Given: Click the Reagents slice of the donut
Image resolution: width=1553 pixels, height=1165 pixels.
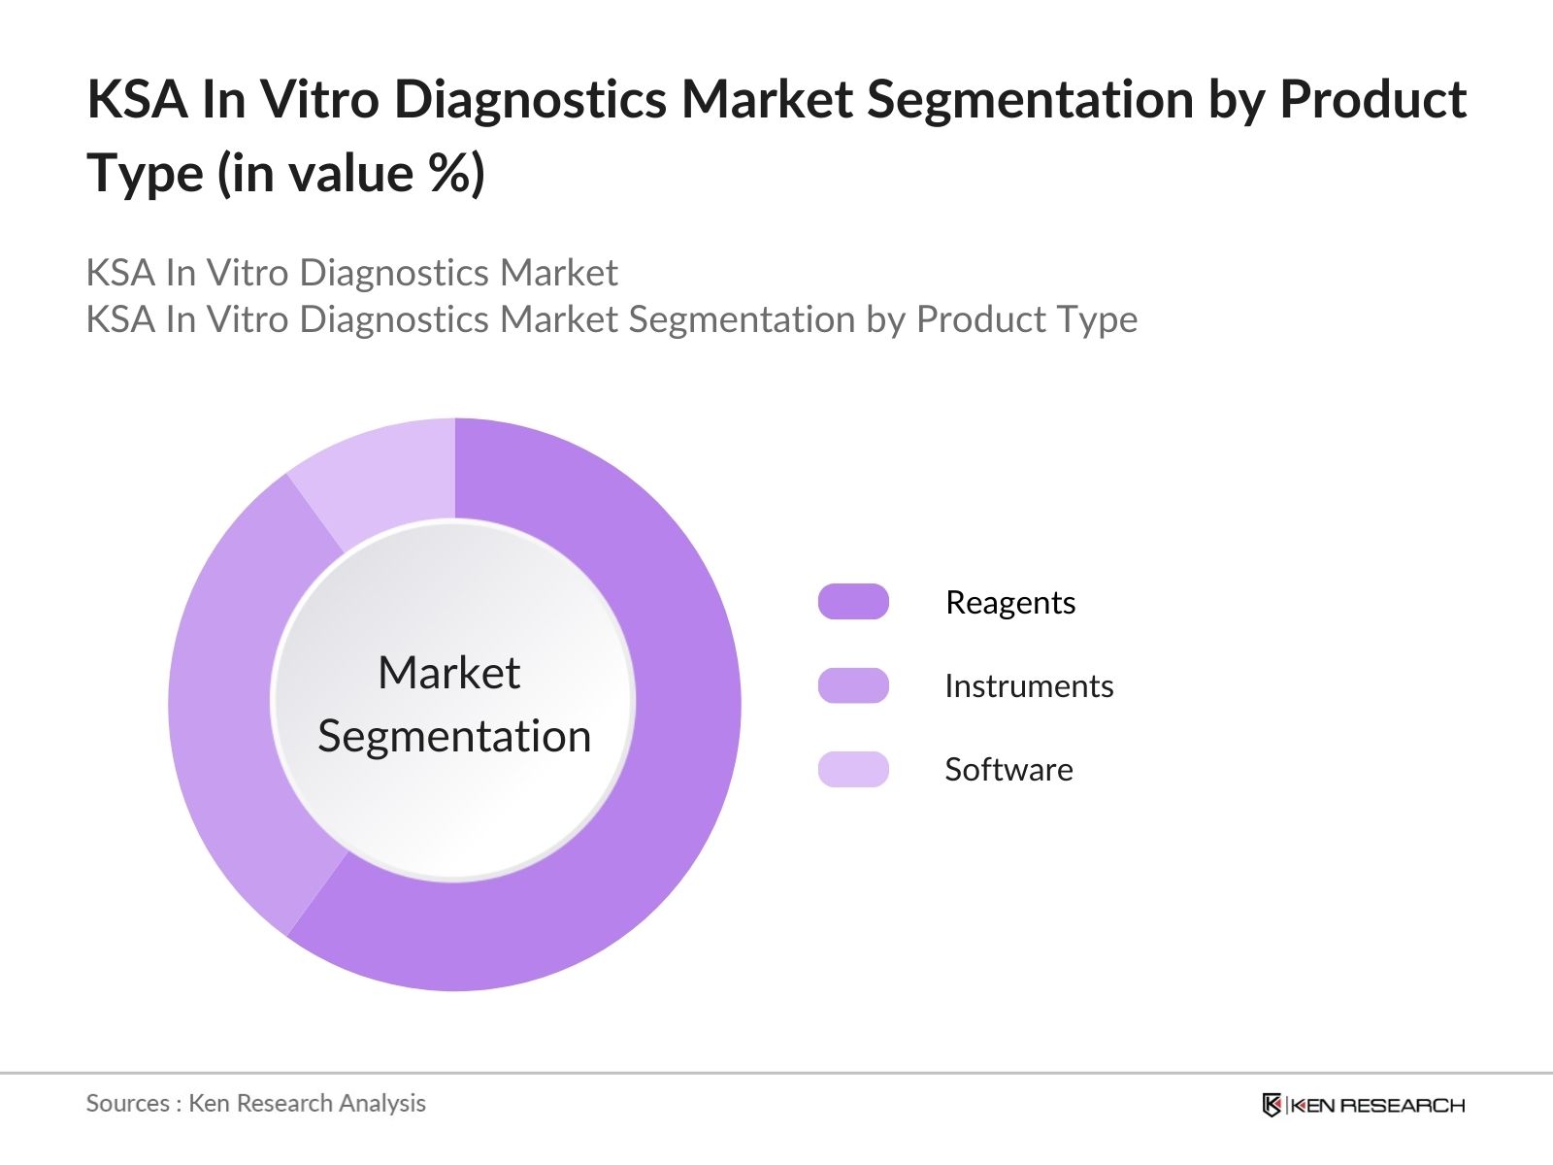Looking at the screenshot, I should [670, 777].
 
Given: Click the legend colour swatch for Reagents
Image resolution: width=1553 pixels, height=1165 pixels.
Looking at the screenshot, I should [853, 602].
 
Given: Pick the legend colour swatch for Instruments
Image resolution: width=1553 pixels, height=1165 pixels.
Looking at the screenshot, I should [853, 685].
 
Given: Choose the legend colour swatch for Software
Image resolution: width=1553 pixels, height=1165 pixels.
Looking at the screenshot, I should [853, 769].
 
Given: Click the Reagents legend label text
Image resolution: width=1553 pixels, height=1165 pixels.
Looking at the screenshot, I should [1009, 603].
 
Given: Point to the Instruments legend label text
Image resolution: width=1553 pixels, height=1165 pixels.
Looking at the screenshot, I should [1028, 686].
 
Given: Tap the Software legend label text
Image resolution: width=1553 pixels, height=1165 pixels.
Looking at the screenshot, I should [1008, 770].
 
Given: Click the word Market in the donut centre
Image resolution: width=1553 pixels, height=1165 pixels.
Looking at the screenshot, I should [448, 673].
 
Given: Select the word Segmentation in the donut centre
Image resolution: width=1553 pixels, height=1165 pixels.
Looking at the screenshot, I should [454, 736].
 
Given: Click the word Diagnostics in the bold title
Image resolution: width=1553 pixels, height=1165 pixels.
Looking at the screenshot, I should [530, 99].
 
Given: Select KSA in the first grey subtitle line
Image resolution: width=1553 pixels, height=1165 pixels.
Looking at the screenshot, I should [120, 273].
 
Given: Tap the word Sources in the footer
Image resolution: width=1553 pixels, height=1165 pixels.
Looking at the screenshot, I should [127, 1104].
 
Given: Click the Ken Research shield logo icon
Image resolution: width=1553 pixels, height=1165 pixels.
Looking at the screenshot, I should [1272, 1105].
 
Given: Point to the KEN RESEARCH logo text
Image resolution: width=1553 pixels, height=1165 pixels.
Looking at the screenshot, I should [1377, 1106].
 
